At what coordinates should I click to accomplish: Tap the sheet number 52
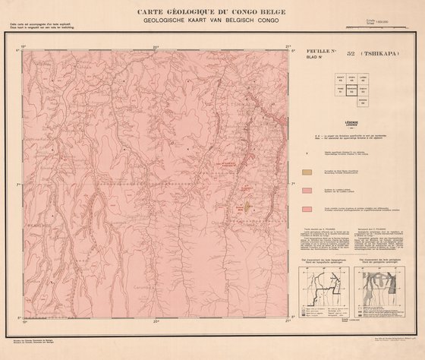[349, 55]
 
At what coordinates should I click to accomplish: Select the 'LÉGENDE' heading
[351, 121]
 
